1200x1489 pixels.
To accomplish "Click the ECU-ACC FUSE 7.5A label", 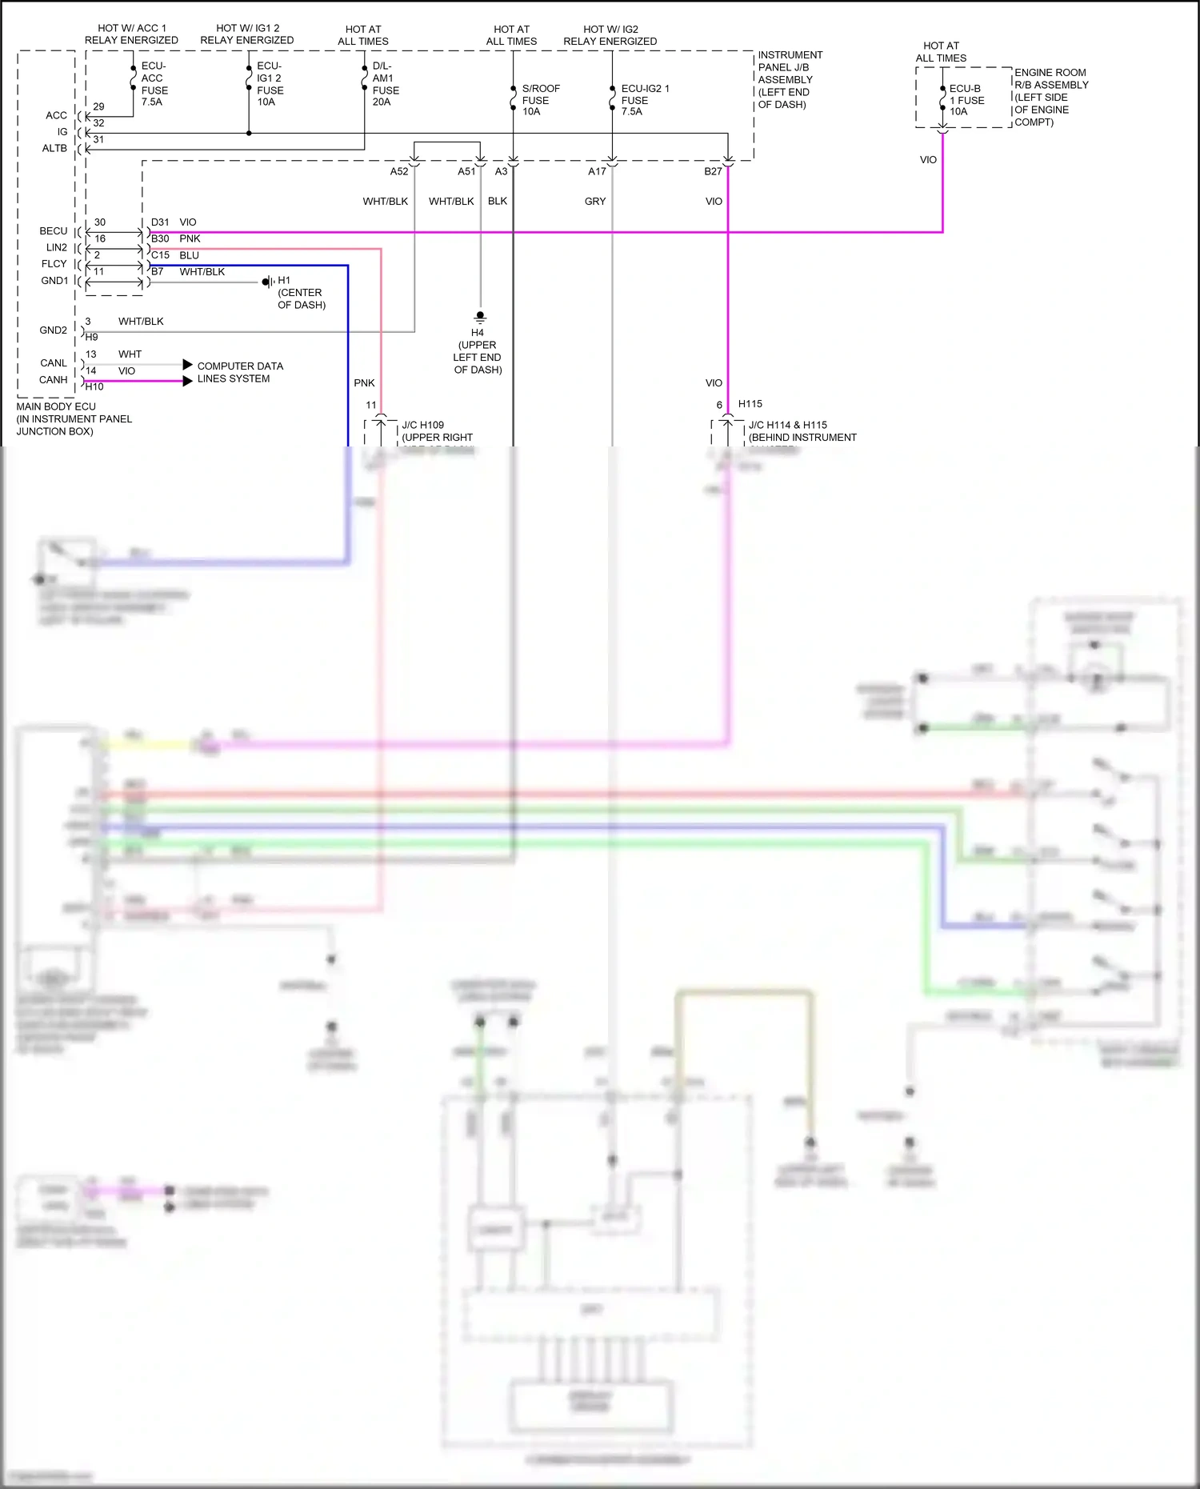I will (154, 84).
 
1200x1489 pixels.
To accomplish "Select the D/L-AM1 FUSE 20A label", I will (385, 84).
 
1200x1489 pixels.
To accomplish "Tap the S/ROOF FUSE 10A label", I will (540, 100).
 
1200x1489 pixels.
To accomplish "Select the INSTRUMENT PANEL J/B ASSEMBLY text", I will (790, 79).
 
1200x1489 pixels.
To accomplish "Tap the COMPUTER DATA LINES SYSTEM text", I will (239, 372).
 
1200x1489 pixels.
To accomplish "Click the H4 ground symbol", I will (480, 317).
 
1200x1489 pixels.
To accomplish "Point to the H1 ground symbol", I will (267, 282).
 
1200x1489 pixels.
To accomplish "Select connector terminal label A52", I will (398, 171).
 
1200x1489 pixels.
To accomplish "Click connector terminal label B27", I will (713, 171).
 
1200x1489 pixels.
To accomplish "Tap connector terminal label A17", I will (597, 171).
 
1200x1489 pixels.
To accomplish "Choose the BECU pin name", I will (54, 231).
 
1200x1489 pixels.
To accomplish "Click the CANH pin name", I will (54, 380).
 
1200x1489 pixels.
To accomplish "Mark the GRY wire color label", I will (595, 202).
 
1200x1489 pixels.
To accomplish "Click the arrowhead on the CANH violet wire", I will (188, 381).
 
